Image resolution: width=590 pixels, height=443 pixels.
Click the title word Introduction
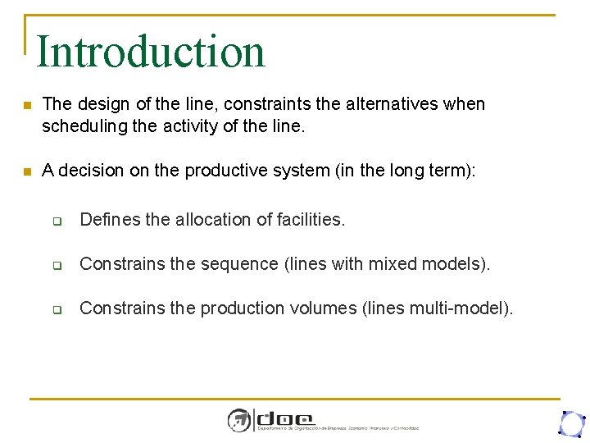click(x=151, y=51)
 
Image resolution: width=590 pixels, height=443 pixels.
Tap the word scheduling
click(x=80, y=126)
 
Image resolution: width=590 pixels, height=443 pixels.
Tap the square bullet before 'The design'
click(x=27, y=106)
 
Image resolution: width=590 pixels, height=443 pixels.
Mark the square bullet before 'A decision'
click(x=27, y=171)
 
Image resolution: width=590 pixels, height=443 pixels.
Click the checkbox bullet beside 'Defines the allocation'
click(x=58, y=221)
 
